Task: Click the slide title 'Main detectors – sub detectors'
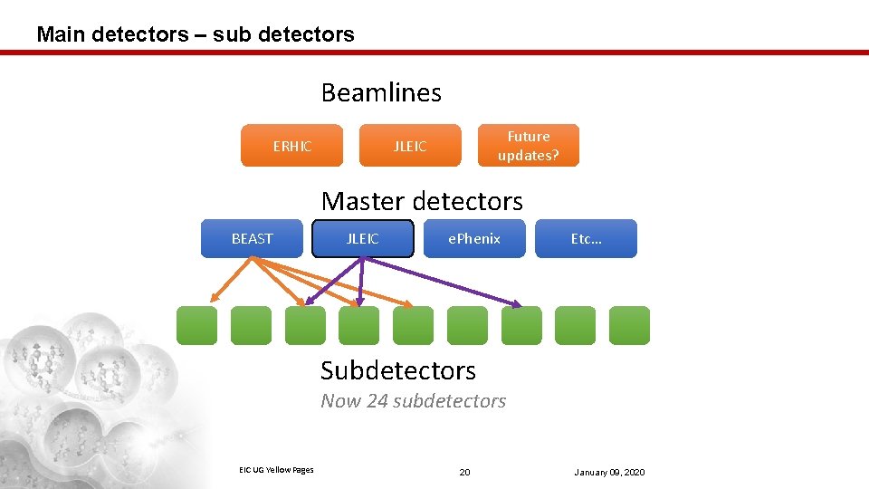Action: [x=196, y=34]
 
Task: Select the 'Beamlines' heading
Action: [x=381, y=92]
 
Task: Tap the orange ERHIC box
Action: [x=291, y=146]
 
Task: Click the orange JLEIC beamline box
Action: [x=410, y=146]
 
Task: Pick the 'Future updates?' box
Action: [x=528, y=146]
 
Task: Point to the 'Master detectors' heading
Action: [x=422, y=200]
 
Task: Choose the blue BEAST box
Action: [x=252, y=239]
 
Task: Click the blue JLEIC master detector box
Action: [x=363, y=239]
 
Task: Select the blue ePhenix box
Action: [x=474, y=239]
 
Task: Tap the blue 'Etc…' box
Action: [x=586, y=239]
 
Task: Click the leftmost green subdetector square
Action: [x=196, y=325]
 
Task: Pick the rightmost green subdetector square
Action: [x=629, y=325]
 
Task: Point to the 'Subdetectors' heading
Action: [x=398, y=370]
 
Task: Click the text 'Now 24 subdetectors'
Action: [x=414, y=401]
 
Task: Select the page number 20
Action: [x=464, y=473]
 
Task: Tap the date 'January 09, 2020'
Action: [x=609, y=473]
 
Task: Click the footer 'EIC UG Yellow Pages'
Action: [x=276, y=469]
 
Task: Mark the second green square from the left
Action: [x=251, y=325]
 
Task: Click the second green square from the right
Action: [x=575, y=325]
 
